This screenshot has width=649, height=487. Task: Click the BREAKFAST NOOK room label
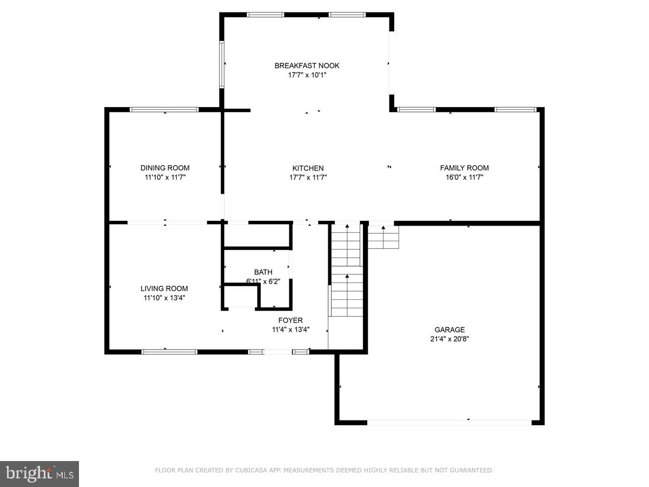(307, 65)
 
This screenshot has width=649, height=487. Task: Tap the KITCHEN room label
(308, 168)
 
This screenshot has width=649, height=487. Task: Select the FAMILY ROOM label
(464, 168)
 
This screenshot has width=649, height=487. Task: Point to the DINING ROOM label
(165, 168)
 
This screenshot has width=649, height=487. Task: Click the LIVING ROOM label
(164, 288)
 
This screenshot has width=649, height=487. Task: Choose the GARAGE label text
(449, 330)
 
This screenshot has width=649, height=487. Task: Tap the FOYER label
(290, 320)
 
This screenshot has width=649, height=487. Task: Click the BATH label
(263, 272)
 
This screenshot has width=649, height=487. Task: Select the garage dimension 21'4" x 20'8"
(449, 339)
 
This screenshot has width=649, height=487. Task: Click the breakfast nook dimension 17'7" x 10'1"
(307, 75)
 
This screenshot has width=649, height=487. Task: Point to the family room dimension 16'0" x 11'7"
(464, 177)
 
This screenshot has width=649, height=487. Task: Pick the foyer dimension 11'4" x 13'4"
(290, 330)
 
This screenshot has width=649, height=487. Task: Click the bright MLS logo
(39, 474)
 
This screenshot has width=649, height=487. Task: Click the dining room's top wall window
(164, 110)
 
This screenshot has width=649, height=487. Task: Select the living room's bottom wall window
(169, 352)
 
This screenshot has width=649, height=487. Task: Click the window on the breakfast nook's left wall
(221, 64)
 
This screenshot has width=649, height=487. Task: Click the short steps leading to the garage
(383, 237)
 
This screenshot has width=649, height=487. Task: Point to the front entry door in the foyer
(277, 352)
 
